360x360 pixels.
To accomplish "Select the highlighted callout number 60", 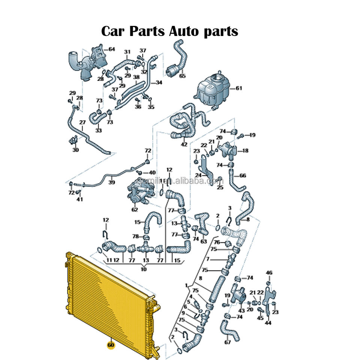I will (111, 345).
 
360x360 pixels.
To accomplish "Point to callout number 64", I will (111, 49).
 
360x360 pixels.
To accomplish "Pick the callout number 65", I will (182, 76).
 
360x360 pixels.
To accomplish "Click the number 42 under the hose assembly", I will (184, 144).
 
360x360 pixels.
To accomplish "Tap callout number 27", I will (82, 122).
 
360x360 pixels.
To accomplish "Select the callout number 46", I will (269, 273).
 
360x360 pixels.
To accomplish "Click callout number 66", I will (243, 175).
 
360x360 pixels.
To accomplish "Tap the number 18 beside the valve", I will (245, 151).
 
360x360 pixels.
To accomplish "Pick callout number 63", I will (204, 241).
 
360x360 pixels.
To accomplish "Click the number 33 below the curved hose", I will (98, 130).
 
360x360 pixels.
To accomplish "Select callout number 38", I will (136, 77).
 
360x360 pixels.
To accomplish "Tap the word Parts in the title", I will (148, 31).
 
